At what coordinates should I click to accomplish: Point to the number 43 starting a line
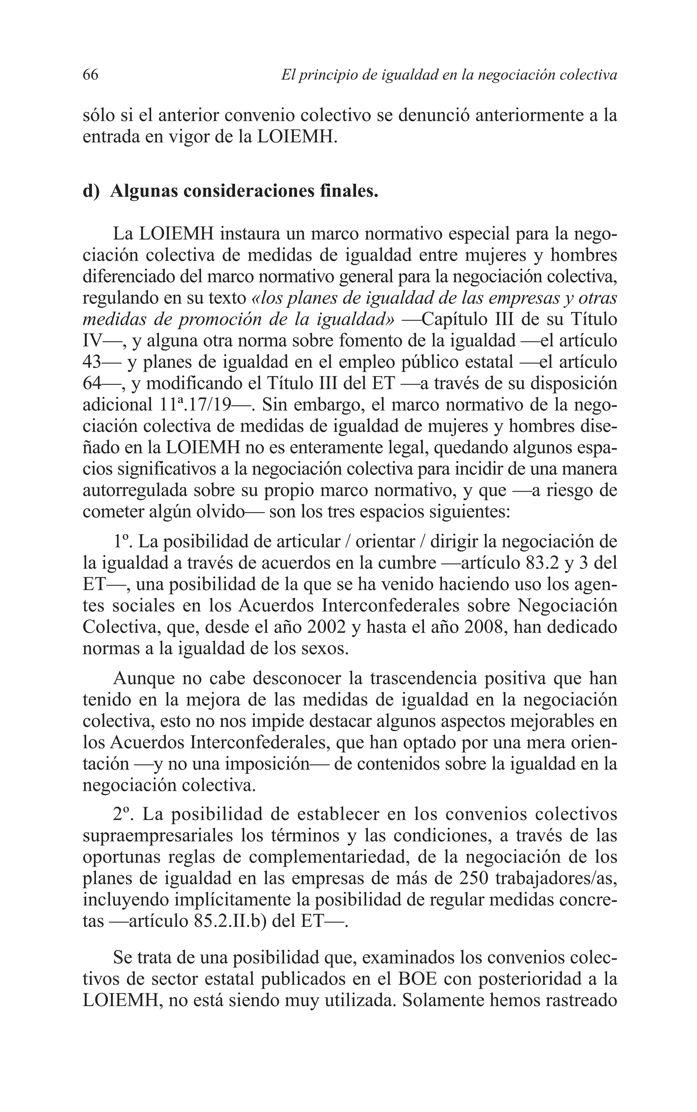pos(92,362)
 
